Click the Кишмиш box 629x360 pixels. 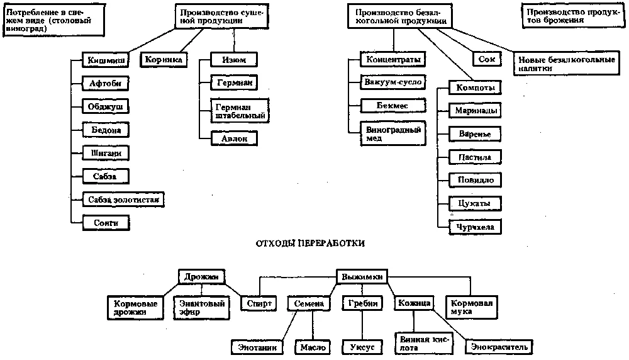(104, 61)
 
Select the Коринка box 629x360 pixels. (164, 60)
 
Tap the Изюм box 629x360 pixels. (229, 60)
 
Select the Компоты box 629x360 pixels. (475, 88)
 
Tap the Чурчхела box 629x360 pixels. (475, 227)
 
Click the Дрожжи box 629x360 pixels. (201, 277)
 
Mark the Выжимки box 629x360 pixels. (361, 277)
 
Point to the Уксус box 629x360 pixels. (362, 347)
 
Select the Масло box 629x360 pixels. (313, 347)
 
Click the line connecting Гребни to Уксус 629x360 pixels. (362, 326)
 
